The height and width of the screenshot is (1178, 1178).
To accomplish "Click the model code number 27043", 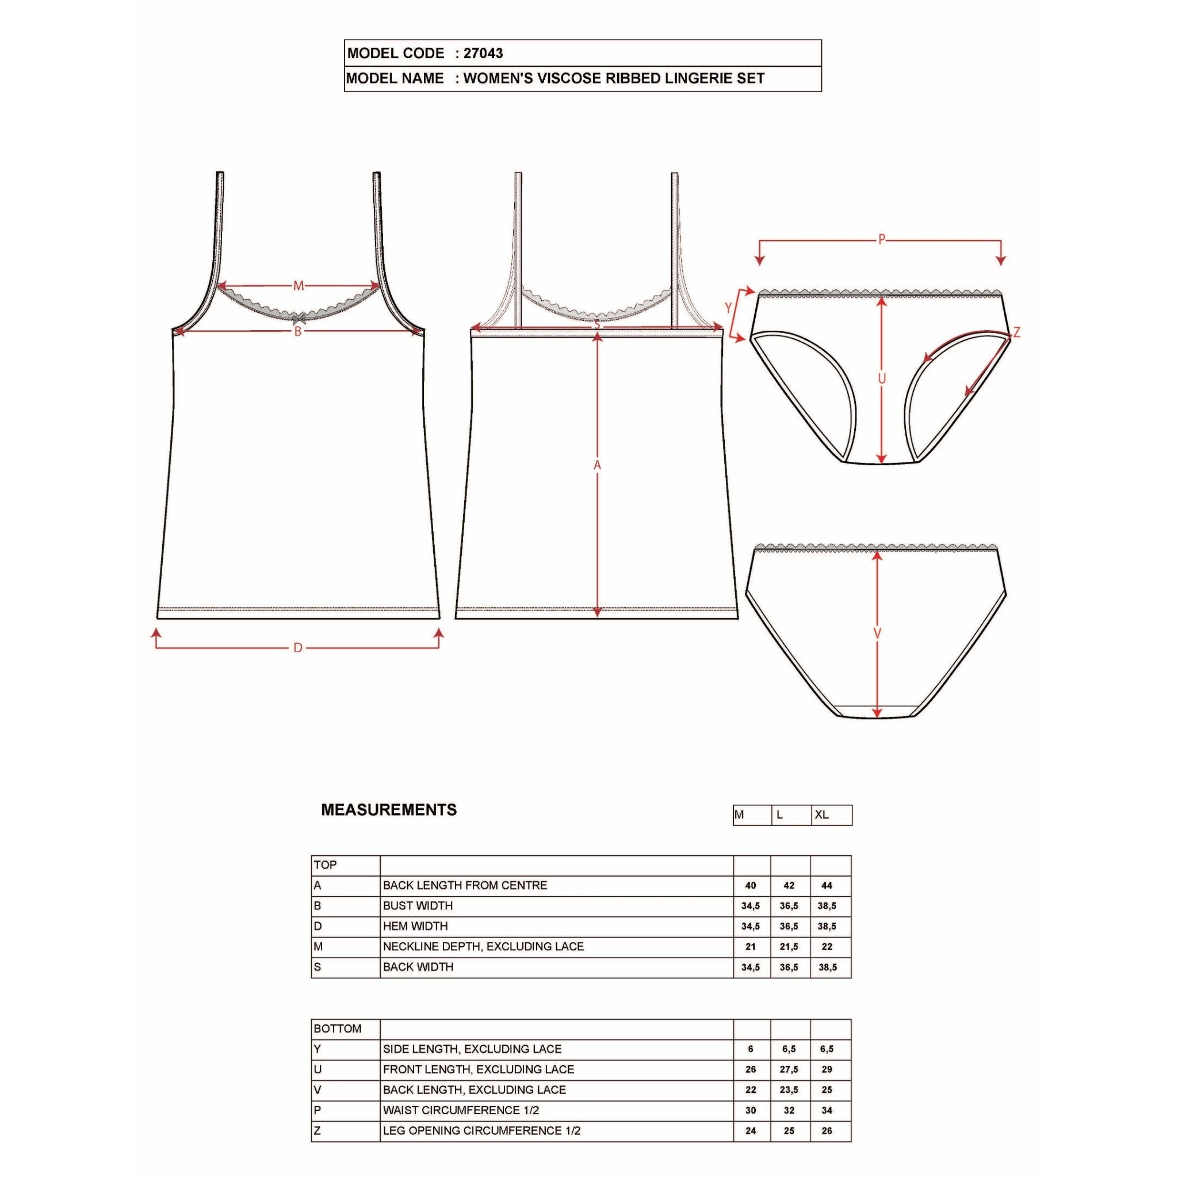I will (483, 53).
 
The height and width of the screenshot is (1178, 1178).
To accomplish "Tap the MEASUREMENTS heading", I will (388, 810).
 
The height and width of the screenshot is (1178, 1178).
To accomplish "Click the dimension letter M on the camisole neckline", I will (298, 285).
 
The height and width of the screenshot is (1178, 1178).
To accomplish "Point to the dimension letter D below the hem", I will (297, 648).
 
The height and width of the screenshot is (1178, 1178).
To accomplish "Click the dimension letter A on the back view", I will (597, 465).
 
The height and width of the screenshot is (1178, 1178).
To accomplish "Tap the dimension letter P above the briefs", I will (881, 240).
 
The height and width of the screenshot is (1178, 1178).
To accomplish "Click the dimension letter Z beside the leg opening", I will (1016, 333).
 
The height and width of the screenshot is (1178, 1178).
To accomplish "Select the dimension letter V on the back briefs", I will (877, 634).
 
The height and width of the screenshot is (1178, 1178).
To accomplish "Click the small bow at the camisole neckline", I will (299, 317).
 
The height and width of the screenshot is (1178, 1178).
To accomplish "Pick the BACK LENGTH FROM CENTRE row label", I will (465, 885).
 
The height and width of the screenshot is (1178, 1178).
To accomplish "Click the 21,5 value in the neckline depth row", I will (789, 947).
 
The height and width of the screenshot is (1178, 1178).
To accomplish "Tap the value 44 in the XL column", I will (827, 886).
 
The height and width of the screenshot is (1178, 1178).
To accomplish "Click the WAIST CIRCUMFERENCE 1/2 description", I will (461, 1110).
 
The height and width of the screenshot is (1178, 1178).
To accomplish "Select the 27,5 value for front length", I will (789, 1069).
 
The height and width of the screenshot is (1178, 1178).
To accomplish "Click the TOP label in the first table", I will (325, 865).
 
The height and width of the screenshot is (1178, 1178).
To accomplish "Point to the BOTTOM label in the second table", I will (337, 1028).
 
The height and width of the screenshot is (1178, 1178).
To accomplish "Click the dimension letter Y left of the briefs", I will (728, 308).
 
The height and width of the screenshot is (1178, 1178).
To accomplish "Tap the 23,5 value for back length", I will (789, 1090).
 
